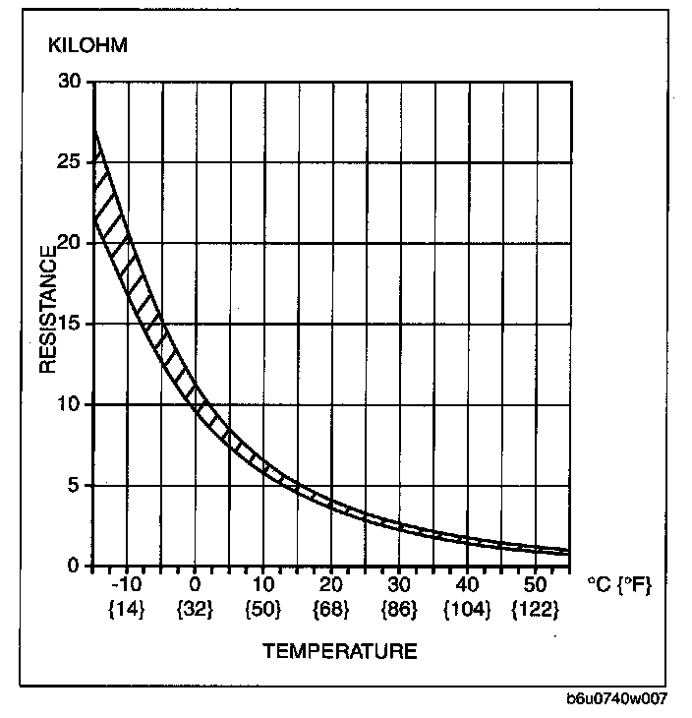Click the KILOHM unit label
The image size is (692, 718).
click(88, 46)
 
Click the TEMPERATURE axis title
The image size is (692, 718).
click(339, 651)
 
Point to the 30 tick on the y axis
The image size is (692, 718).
click(69, 82)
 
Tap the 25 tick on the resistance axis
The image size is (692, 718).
click(69, 162)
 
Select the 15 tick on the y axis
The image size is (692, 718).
click(69, 324)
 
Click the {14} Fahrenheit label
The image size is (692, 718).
click(127, 610)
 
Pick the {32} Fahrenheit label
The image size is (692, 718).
click(196, 610)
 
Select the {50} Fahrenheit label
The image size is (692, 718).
click(263, 610)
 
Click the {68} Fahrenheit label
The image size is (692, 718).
click(331, 610)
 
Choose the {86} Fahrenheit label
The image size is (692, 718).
click(399, 610)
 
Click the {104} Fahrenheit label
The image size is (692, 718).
click(467, 610)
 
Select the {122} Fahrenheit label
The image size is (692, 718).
click(536, 610)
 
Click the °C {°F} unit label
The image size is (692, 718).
click(619, 584)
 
